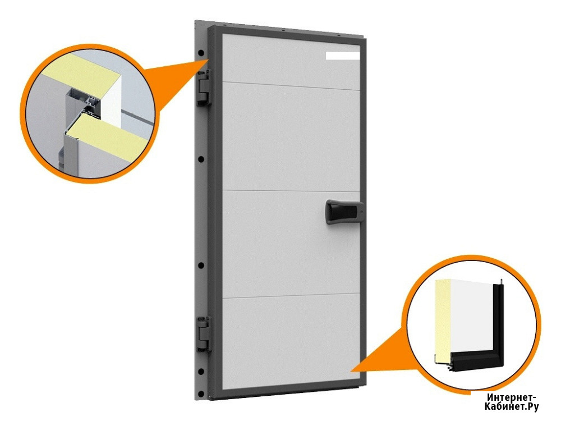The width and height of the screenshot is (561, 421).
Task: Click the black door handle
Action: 344,212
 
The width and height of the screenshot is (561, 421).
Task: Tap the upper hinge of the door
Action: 203,88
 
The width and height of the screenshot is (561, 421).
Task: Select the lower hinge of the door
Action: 203,333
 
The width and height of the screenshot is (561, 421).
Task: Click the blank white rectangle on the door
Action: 342,56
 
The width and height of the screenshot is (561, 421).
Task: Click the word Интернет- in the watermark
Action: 512,397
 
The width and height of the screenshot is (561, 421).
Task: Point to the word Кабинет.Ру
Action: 512,406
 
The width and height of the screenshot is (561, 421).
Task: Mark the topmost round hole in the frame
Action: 201,53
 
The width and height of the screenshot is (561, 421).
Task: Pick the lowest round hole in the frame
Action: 201,394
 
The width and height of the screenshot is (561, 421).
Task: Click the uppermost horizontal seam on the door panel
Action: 291,86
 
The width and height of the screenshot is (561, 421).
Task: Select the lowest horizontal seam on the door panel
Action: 291,296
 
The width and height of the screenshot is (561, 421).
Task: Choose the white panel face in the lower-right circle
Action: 472,315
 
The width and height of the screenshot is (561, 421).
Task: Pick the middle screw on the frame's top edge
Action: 283,30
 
